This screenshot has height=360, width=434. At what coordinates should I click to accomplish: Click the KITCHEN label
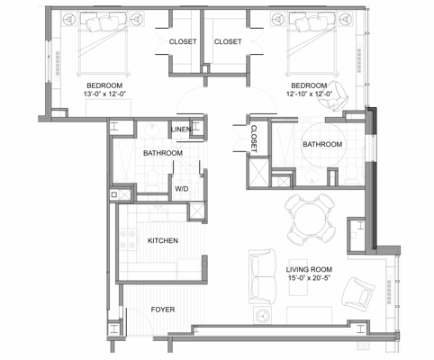[x=162, y=241]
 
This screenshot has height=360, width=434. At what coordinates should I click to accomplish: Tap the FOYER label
[x=163, y=310]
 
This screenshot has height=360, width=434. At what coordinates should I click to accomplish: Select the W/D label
[x=181, y=189]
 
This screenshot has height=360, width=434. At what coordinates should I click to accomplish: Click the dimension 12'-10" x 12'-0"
[x=309, y=94]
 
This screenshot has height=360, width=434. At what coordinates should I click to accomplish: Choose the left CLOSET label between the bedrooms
[x=183, y=41]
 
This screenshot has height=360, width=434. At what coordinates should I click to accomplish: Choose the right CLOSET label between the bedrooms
[x=227, y=41]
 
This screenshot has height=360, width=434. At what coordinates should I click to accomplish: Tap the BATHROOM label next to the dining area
[x=321, y=144]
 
